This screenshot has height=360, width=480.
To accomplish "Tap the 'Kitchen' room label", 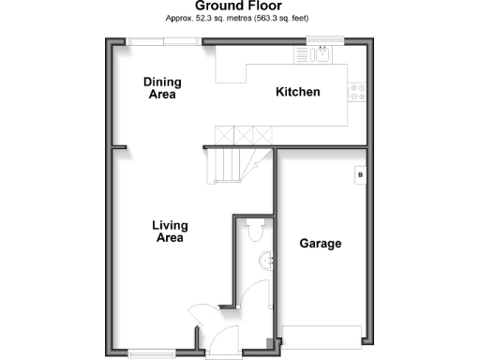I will coord(298,92).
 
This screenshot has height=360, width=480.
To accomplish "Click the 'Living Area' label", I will coord(171,232).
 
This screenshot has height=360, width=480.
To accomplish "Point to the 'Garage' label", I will coord(320,244).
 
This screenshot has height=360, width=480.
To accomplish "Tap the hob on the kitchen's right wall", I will coord(357,91).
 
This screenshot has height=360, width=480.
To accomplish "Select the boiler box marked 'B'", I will coord(359,175).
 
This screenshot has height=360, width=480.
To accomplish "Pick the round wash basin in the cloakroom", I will coord(266,262).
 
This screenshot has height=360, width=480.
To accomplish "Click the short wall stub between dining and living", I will coord(119,146).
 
